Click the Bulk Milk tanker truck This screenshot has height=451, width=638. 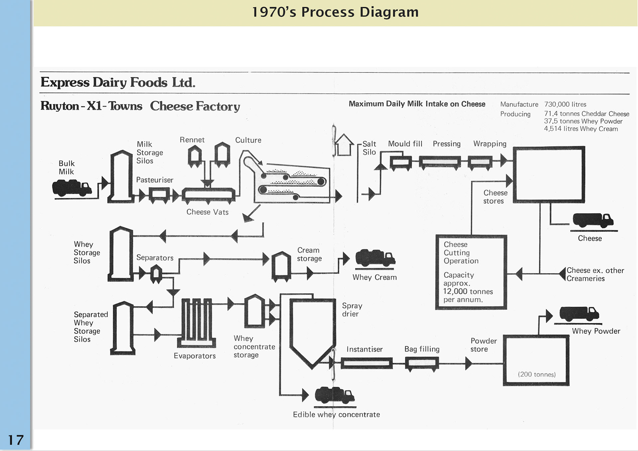click(71, 188)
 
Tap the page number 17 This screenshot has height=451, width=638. click(16, 440)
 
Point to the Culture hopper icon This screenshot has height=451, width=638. click(222, 154)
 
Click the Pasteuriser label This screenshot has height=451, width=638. click(155, 180)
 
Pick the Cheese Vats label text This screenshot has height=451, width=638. click(207, 212)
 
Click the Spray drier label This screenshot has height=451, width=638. click(352, 310)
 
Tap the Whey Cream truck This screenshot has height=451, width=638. click(375, 258)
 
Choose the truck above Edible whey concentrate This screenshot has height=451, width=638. click(334, 395)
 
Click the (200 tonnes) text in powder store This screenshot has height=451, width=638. click(536, 375)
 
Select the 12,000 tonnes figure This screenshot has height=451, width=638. click(468, 291)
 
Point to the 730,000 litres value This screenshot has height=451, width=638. click(565, 104)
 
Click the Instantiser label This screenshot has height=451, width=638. click(364, 349)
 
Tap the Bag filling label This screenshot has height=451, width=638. click(422, 349)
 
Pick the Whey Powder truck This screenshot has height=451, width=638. click(579, 314)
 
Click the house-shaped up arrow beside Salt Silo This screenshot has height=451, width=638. click(344, 145)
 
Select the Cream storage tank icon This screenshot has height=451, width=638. click(281, 266)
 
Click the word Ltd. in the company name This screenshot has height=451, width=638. click(183, 82)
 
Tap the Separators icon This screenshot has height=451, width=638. click(156, 274)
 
